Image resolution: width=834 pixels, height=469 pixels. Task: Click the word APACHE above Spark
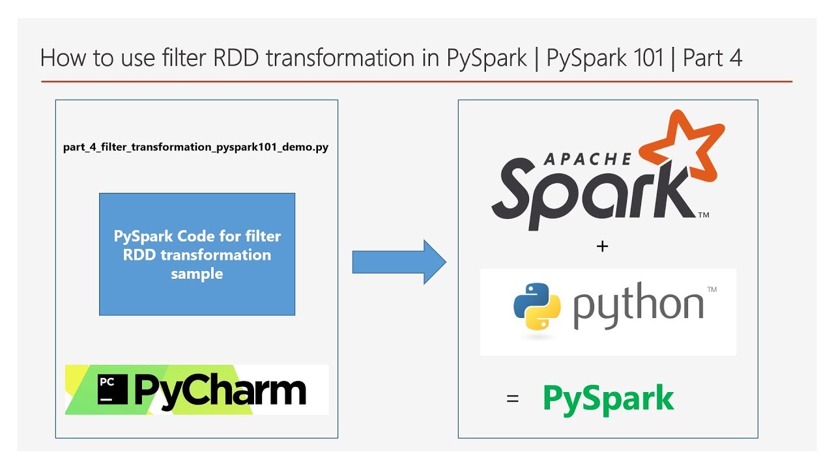[x=587, y=160]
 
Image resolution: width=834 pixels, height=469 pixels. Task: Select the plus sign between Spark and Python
[x=602, y=246]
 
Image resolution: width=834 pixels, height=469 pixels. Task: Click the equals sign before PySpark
[x=513, y=399]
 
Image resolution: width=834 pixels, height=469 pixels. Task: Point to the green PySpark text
[x=609, y=400]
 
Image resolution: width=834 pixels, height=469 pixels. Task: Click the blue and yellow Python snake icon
[x=537, y=306]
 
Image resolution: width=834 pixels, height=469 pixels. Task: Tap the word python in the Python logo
[x=638, y=306]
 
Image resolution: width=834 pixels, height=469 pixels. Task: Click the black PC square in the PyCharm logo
[x=113, y=389]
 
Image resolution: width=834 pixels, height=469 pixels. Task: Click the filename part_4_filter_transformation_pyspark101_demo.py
[x=196, y=147]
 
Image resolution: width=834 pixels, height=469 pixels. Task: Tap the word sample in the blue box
[x=197, y=274]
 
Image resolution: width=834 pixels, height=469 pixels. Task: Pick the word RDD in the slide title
[x=236, y=58]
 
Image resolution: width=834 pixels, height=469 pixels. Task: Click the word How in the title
[x=63, y=58]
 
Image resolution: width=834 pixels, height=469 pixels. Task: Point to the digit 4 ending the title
[x=735, y=58]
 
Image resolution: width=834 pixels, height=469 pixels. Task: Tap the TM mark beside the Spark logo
[x=703, y=215]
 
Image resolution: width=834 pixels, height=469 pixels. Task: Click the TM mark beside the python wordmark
[x=712, y=289]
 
